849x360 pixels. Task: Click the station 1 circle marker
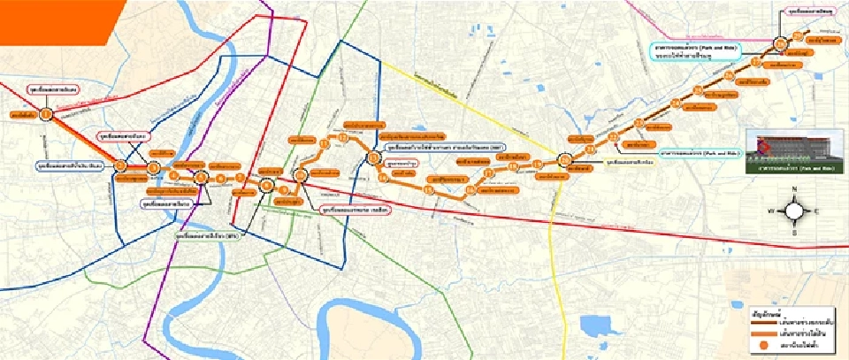pos(46,114)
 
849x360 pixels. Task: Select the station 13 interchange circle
pos(374,159)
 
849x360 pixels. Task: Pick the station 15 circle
pos(428,188)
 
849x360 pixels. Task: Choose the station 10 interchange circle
pos(301,176)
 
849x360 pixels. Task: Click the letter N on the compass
pos(793,190)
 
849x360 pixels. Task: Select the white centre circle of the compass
pos(793,211)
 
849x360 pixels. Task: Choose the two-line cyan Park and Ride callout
pos(697,51)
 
